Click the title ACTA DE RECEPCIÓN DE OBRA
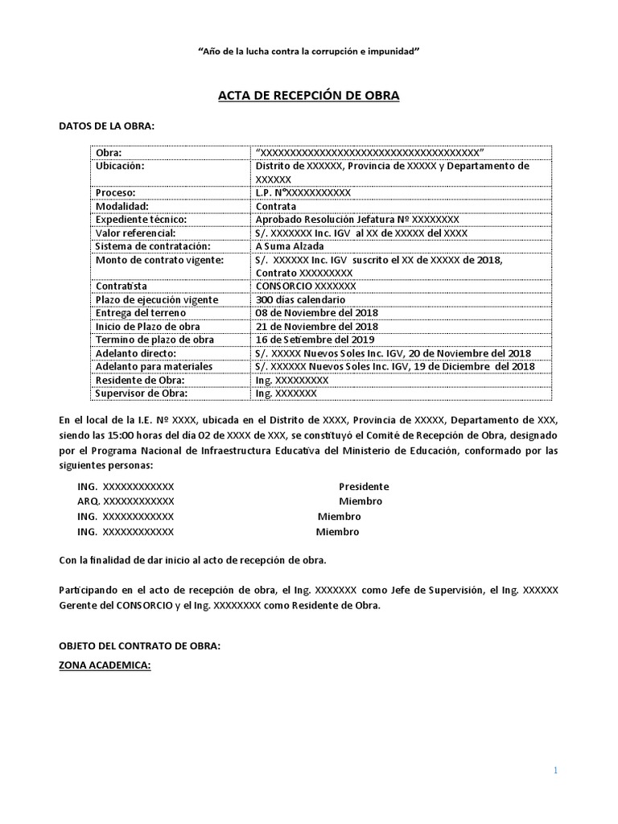(x=309, y=96)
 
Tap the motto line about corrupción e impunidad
(x=309, y=51)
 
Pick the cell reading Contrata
(x=275, y=206)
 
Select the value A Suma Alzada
(x=290, y=246)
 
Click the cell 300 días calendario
(x=300, y=299)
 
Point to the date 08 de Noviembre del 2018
(x=316, y=313)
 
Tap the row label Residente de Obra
(x=140, y=380)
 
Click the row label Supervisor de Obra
(x=142, y=393)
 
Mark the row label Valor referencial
(x=134, y=233)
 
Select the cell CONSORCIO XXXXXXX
(x=305, y=286)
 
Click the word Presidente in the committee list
(x=364, y=487)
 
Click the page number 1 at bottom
(x=554, y=770)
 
